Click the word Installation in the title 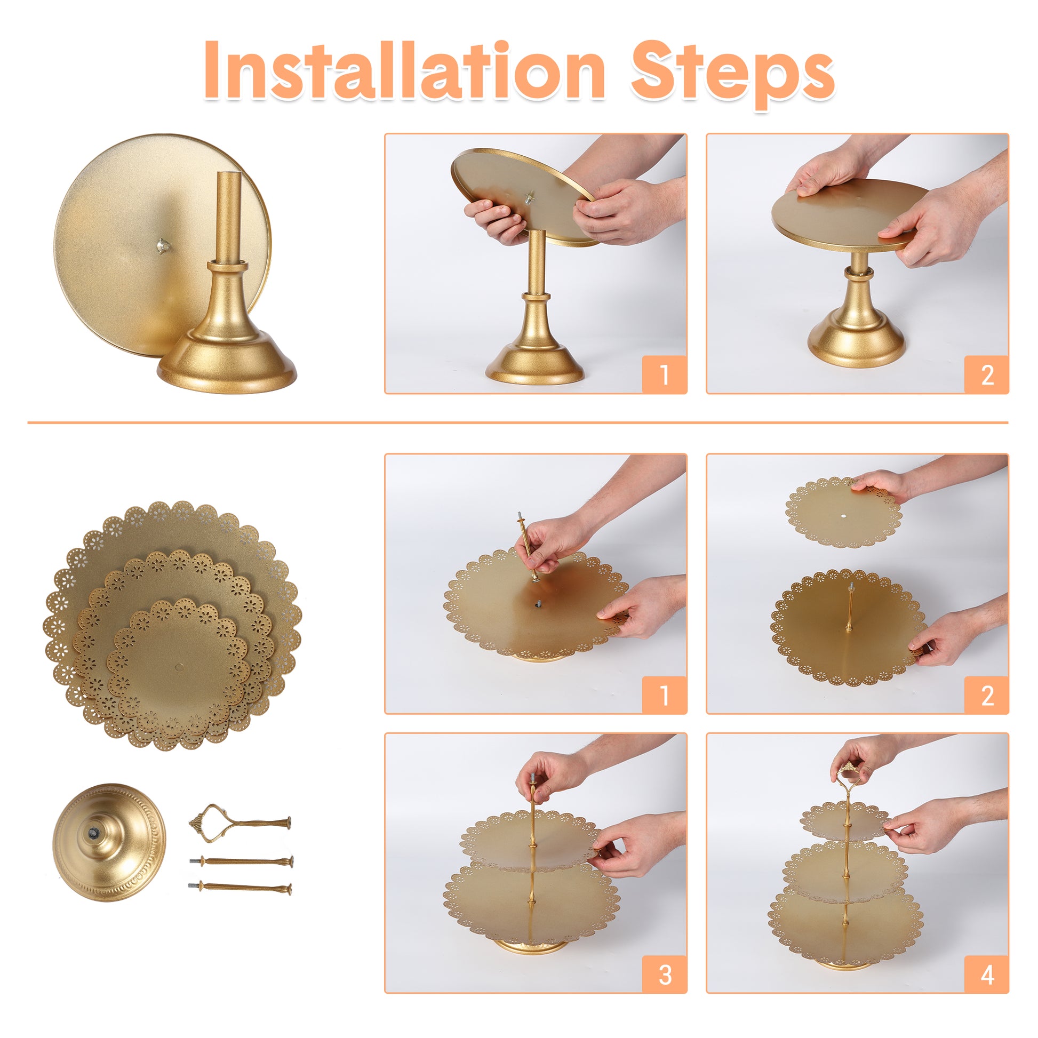[404, 70]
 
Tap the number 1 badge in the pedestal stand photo [665, 374]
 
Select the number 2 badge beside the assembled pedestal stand [986, 374]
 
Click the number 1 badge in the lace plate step [665, 694]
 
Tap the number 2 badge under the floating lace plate [986, 694]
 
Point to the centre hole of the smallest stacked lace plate [178, 667]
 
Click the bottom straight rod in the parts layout [239, 887]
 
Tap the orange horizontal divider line [518, 423]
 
